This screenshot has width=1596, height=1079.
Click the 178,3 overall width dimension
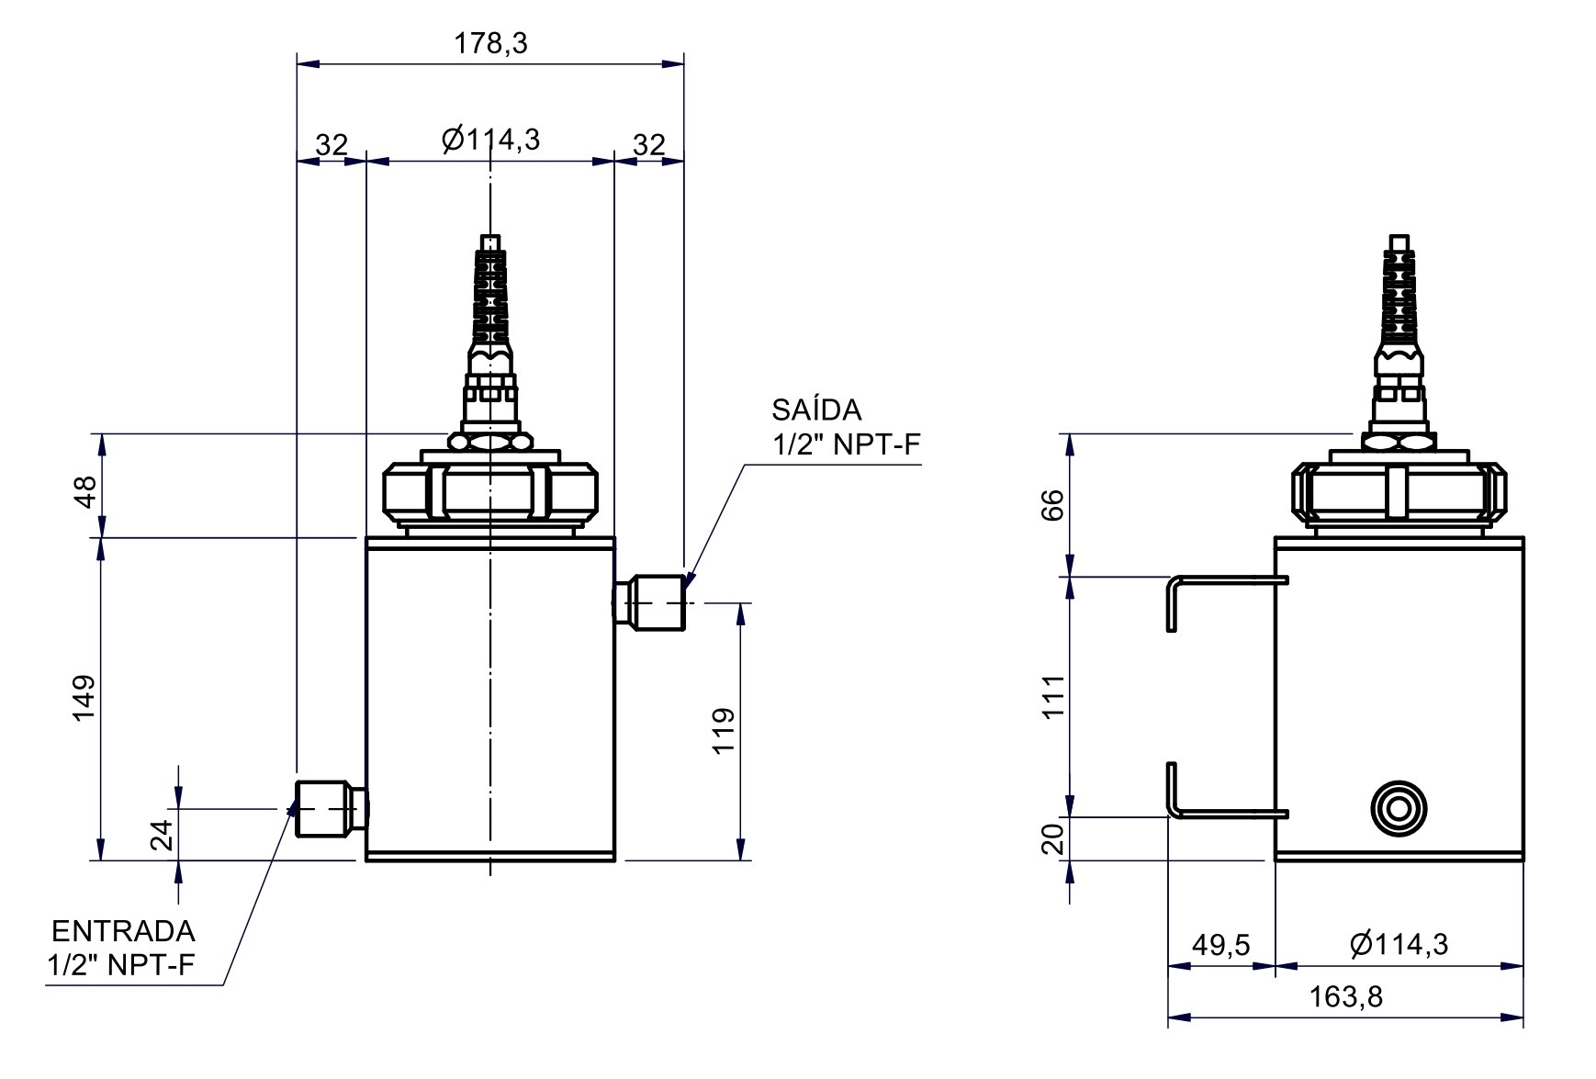coord(491,43)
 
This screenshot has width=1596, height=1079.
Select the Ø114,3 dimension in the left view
coord(490,140)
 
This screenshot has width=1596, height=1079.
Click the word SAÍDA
coord(816,409)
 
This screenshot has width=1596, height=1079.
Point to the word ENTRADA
coord(123,931)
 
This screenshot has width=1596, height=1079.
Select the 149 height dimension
coord(84,699)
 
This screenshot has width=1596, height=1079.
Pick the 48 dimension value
coord(84,491)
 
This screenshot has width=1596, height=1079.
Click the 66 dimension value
coord(1052,504)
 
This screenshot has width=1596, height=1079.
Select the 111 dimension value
coord(1052,697)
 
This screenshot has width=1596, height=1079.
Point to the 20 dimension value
coord(1052,837)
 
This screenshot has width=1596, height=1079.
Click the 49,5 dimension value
coord(1220,944)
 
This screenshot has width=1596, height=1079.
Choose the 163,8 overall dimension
coord(1346,996)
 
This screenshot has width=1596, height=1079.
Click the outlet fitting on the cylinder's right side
coord(652,601)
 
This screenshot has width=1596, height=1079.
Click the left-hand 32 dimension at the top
coord(332,145)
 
